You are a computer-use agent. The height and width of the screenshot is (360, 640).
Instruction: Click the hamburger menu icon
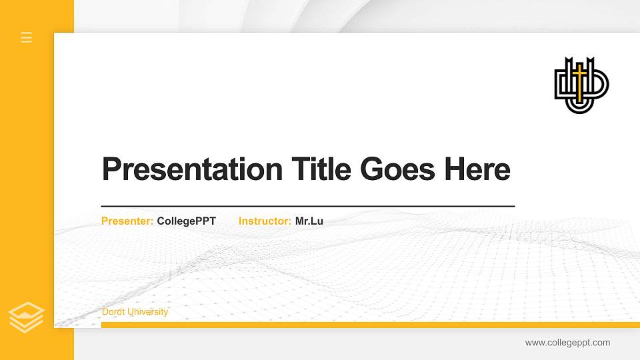(27, 37)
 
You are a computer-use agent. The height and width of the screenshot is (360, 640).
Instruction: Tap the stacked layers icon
(27, 317)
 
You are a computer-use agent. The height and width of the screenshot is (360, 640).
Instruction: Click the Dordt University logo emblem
(581, 85)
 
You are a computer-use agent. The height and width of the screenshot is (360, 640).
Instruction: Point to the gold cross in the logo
(581, 79)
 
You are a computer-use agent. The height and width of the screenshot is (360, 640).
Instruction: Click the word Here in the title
(477, 169)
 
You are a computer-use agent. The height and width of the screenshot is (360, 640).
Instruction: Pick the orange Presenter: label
(127, 221)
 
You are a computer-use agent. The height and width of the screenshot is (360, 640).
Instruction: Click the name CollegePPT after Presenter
(187, 221)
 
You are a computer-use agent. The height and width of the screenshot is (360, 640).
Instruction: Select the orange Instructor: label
(265, 221)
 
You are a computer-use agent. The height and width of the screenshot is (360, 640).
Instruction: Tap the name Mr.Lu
(309, 221)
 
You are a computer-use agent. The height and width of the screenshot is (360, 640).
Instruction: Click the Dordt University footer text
(135, 312)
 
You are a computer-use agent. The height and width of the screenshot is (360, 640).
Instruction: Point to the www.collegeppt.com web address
(567, 343)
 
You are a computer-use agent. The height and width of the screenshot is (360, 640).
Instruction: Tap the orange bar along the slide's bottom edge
(367, 325)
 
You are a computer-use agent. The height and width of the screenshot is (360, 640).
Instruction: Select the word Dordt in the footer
(114, 312)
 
